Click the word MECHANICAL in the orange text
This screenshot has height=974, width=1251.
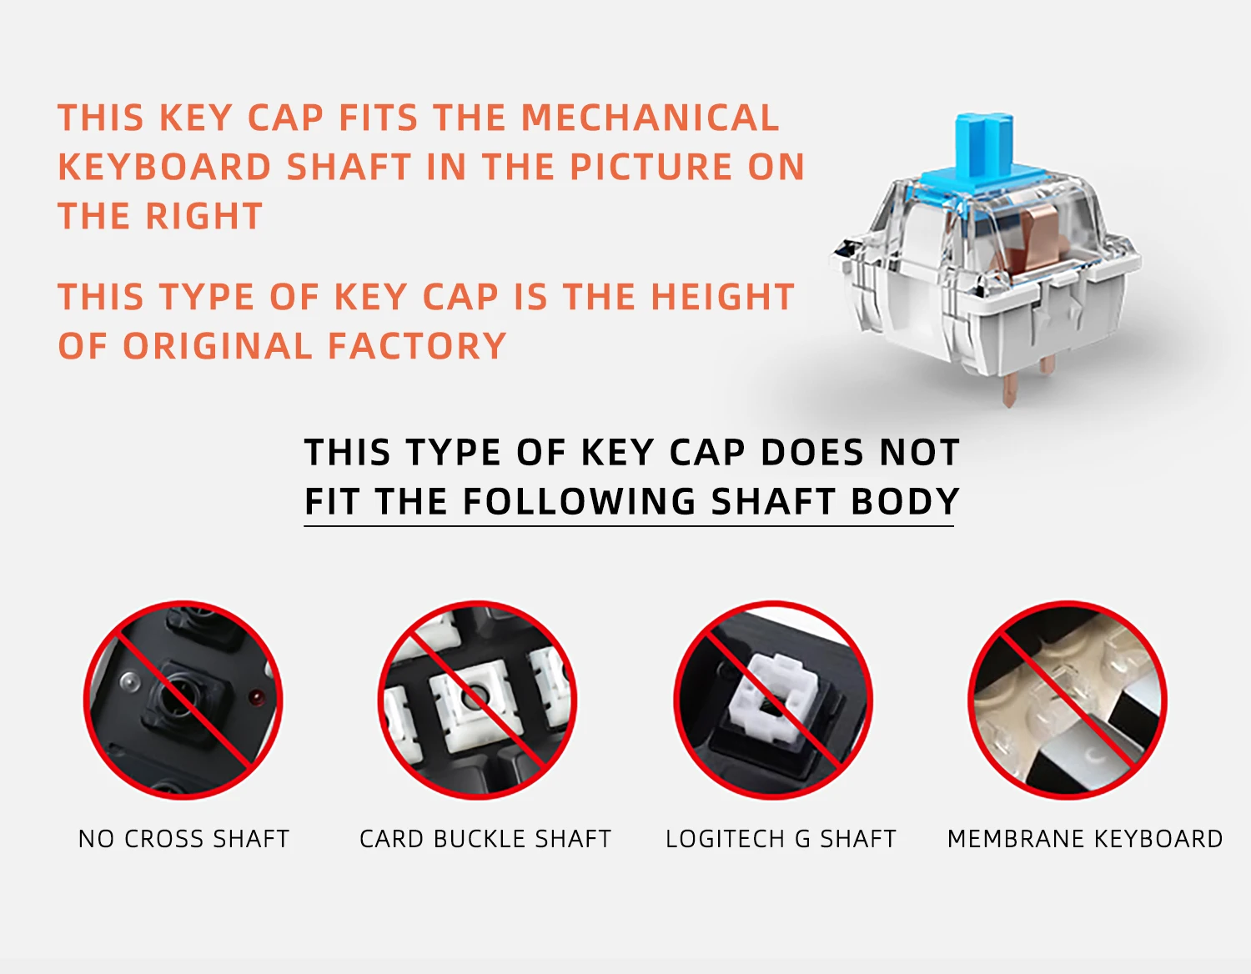(650, 118)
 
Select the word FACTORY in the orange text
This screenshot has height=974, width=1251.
(417, 345)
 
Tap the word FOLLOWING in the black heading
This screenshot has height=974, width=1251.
(579, 501)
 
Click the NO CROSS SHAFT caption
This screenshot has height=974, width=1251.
(183, 839)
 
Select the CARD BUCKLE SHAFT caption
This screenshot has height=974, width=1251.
(485, 839)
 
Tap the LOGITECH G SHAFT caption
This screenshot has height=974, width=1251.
(781, 839)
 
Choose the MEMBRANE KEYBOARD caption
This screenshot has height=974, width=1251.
(1085, 839)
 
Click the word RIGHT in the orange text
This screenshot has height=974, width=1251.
(203, 216)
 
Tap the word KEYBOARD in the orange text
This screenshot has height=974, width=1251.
(164, 167)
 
